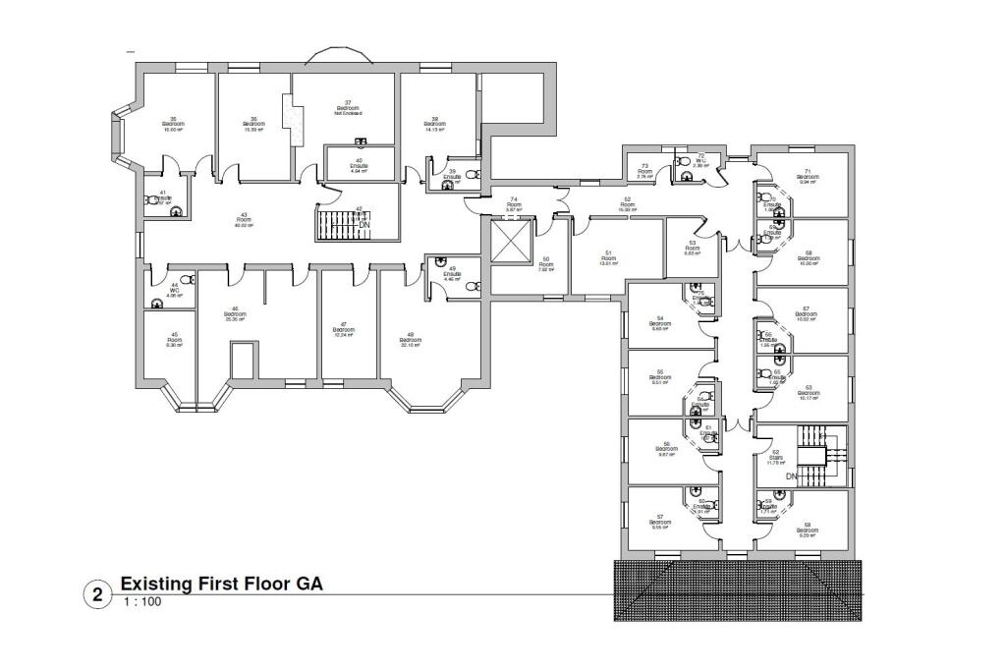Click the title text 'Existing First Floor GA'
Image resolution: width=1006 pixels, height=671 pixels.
coord(221,584)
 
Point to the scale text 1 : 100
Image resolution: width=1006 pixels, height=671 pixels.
coord(141,601)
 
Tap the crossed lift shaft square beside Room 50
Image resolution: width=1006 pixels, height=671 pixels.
coord(509,243)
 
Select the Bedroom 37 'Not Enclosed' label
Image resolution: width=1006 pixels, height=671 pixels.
coord(345,109)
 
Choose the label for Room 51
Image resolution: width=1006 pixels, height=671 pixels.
coord(608,257)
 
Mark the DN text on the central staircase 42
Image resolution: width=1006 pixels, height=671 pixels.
coord(363,225)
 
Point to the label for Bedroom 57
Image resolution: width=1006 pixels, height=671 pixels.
coord(662,521)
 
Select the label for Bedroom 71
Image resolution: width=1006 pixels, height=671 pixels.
coord(809,175)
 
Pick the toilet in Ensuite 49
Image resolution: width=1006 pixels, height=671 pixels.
coord(472,286)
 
